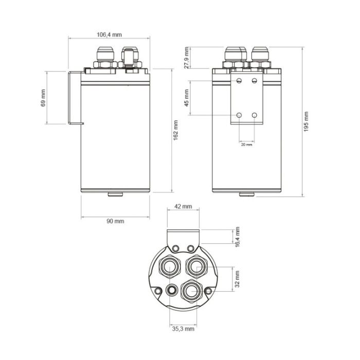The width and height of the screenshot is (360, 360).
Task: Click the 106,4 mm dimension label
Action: point(109,35)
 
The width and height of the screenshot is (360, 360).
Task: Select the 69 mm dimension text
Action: point(43,98)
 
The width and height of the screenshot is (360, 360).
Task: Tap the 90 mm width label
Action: point(115,221)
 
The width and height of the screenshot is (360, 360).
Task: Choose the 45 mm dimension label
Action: point(187,98)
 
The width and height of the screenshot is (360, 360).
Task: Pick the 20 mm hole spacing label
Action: point(247,145)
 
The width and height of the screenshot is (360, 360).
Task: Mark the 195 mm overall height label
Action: point(307,122)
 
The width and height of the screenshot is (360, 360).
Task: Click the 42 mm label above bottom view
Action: point(183,206)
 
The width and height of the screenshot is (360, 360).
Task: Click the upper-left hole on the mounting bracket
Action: point(239,81)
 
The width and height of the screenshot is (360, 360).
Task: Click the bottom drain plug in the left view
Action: point(115,194)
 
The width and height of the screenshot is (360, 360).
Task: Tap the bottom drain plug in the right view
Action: point(247,194)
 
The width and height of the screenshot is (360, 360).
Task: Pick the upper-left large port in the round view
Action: point(169,266)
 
